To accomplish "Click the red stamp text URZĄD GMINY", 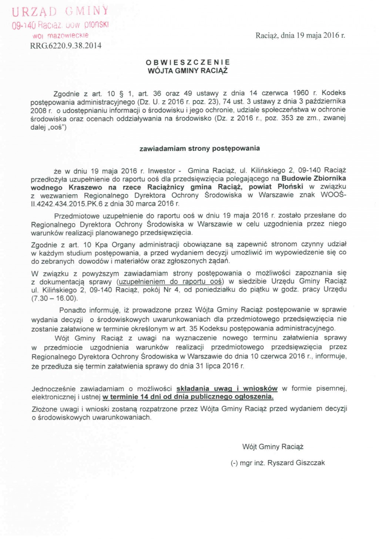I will coord(60,11).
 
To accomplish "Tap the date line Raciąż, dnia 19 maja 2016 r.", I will coord(300,36).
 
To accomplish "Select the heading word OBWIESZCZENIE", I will coord(188,62).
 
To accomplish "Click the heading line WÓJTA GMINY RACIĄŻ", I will coord(188,70).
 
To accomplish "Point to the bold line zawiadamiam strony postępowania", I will coord(199,149).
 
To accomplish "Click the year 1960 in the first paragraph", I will coord(301,93).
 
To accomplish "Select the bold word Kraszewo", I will coord(85,187).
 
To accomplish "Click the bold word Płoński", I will coord(291,187).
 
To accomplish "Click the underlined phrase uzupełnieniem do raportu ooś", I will coord(170,281).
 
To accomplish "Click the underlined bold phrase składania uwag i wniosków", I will coord(227,388).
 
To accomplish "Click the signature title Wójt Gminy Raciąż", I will coord(273,447).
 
